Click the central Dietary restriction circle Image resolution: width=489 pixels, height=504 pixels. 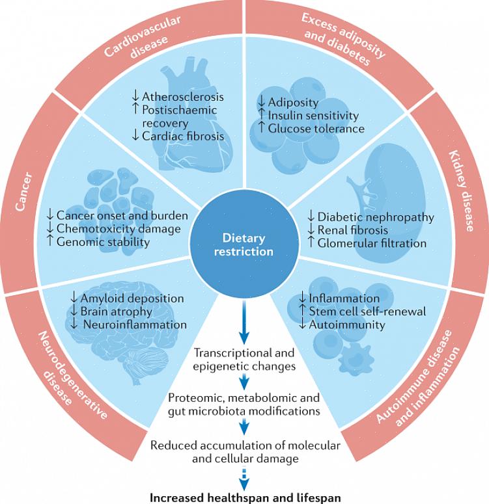[244, 244]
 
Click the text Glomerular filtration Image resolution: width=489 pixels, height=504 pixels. [372, 243]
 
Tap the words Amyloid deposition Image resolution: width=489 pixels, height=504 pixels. [132, 298]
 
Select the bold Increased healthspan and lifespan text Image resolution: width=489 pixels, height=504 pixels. [245, 497]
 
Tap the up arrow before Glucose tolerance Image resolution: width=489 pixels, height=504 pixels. [262, 129]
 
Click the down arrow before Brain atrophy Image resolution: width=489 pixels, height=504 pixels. [74, 312]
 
